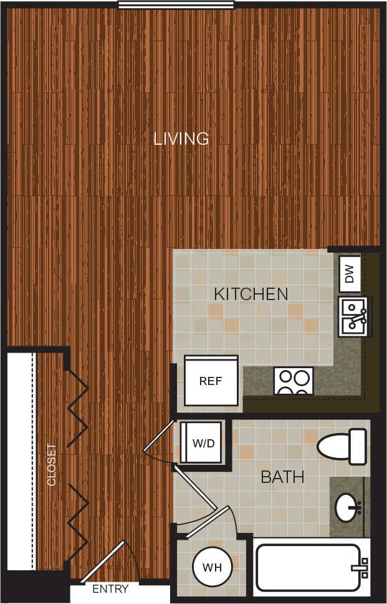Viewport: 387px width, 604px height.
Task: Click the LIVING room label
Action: point(181,139)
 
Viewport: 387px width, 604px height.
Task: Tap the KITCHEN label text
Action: point(251,294)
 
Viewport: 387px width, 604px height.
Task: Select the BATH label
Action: point(282,477)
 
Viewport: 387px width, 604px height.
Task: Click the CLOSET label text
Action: point(52,465)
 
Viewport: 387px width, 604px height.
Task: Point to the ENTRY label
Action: point(110,589)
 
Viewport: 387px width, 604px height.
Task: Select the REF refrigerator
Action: point(211,381)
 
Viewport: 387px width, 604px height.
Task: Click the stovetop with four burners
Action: point(294,381)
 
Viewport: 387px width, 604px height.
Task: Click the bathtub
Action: point(308,567)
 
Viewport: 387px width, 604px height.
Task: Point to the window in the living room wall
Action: point(177,5)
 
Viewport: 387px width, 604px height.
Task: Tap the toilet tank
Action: point(358,446)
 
